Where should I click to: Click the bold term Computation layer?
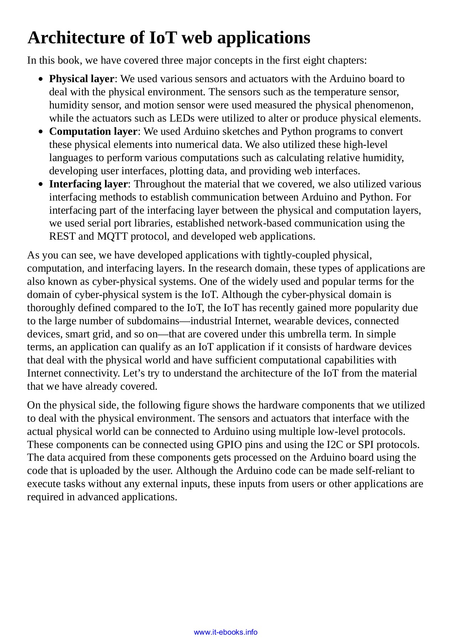(93, 131)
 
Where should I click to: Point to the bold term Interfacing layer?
(88, 184)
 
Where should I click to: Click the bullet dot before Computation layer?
(42, 132)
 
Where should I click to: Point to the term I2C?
(335, 444)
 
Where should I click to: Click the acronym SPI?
(365, 444)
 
